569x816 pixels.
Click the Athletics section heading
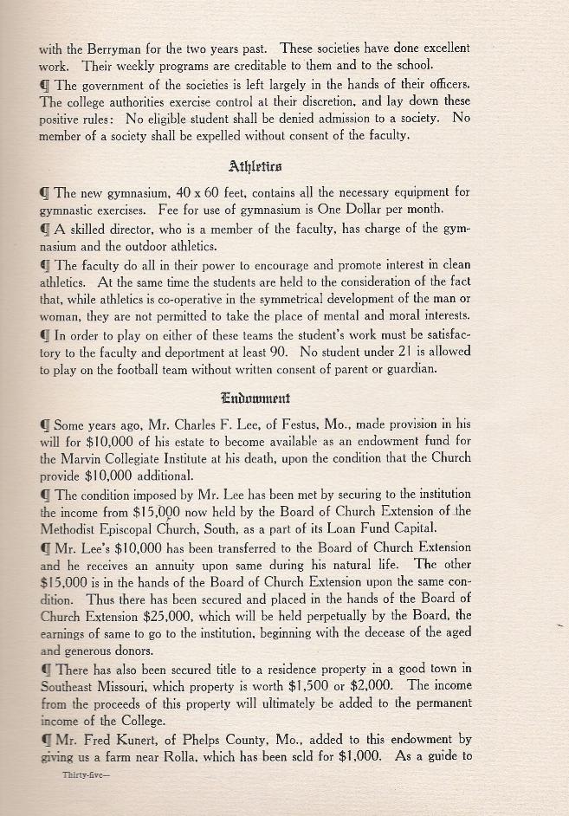click(256, 165)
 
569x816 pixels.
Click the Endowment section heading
click(256, 398)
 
